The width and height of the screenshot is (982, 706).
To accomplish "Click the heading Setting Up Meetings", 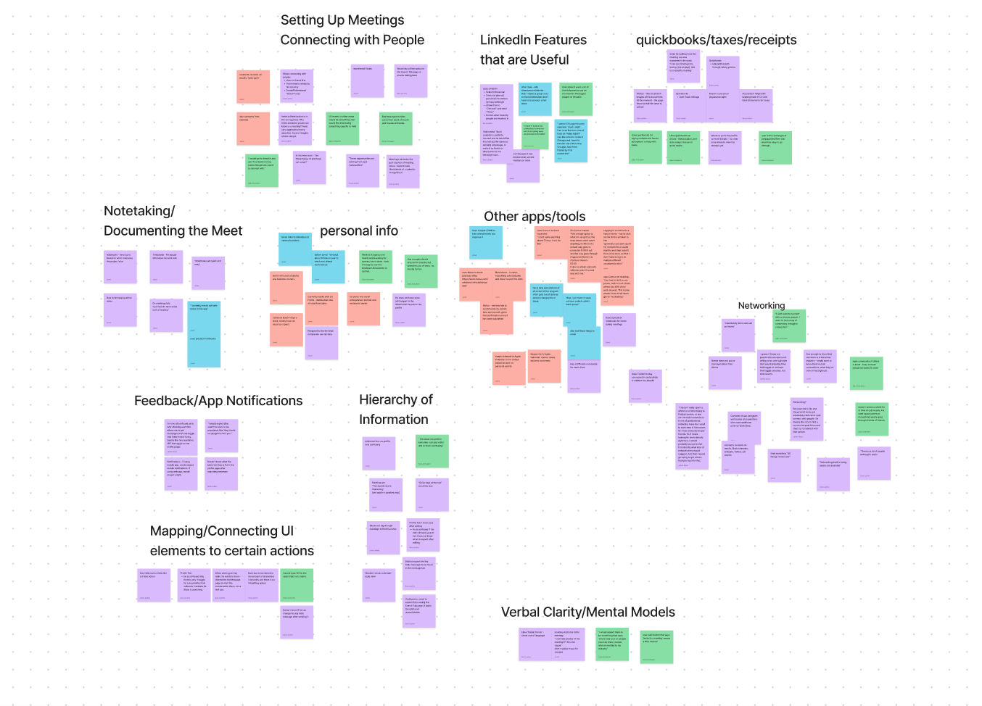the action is pyautogui.click(x=342, y=20).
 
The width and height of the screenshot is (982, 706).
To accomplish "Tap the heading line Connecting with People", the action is pyautogui.click(x=352, y=40).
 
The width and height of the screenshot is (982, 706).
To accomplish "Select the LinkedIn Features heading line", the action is pyautogui.click(x=533, y=40).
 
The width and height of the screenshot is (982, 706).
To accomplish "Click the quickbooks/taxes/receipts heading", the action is pyautogui.click(x=716, y=40).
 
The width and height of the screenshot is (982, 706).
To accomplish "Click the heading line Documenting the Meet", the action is pyautogui.click(x=173, y=231).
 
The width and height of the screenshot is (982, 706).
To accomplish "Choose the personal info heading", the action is pyautogui.click(x=359, y=231).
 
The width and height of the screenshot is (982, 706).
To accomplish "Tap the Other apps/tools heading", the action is pyautogui.click(x=535, y=216).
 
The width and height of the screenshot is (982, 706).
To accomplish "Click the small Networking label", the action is pyautogui.click(x=761, y=305).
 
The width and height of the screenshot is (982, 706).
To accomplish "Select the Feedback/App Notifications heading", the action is pyautogui.click(x=218, y=401).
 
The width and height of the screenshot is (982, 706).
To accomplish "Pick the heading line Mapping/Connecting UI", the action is pyautogui.click(x=222, y=531).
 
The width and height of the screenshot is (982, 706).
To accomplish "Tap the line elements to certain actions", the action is pyautogui.click(x=232, y=551).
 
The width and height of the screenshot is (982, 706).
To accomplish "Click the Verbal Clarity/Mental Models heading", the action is pyautogui.click(x=587, y=612).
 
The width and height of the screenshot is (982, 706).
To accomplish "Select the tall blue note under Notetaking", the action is pyautogui.click(x=204, y=333).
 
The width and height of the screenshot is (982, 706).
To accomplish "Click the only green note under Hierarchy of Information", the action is pyautogui.click(x=432, y=451).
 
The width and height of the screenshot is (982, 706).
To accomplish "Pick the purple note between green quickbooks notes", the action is pyautogui.click(x=725, y=147).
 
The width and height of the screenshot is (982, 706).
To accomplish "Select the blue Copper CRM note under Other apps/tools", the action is pyautogui.click(x=486, y=243).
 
